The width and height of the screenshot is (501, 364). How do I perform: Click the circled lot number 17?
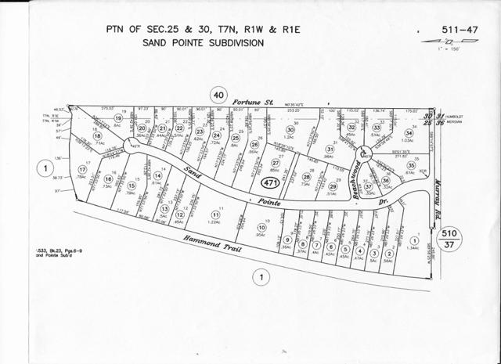(x=82, y=169)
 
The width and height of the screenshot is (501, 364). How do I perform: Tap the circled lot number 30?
(x=290, y=130)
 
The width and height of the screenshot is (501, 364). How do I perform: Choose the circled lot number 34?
(x=408, y=132)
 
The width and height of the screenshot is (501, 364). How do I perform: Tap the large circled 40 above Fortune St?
(x=219, y=96)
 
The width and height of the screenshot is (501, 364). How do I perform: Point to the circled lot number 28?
(x=306, y=177)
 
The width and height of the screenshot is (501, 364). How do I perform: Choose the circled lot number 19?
(x=118, y=119)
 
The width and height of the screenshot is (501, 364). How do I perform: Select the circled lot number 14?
(x=157, y=176)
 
